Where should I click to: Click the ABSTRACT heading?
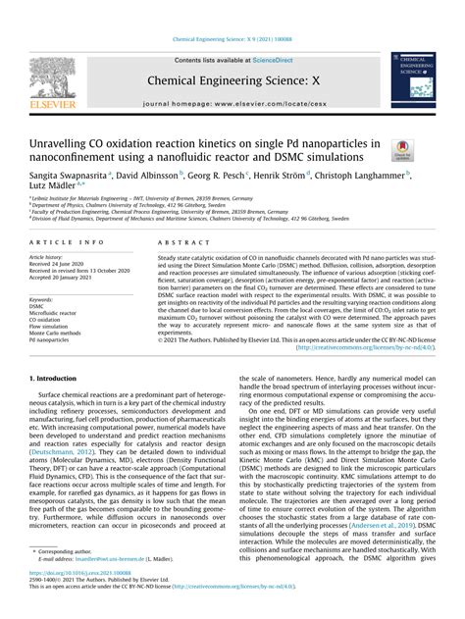click(x=177, y=240)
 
